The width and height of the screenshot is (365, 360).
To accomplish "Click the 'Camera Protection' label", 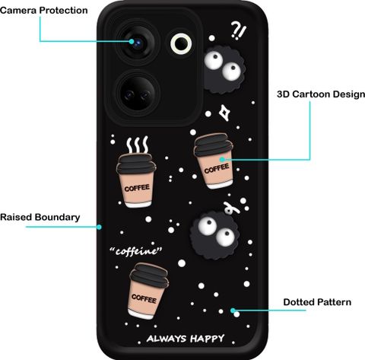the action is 44,11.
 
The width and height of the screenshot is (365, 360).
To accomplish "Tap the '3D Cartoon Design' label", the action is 321,94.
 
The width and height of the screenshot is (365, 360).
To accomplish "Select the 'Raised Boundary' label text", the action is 40,217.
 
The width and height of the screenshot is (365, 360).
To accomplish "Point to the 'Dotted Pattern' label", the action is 317,302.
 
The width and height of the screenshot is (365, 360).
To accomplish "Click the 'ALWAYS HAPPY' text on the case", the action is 186,339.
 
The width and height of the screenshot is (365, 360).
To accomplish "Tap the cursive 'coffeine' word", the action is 136,251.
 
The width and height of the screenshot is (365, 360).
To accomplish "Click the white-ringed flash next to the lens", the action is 181,43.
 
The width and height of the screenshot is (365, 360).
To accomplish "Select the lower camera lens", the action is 138,93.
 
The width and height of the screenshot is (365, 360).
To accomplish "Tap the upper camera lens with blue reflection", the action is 138,43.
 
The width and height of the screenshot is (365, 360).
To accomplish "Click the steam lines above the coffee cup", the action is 138,145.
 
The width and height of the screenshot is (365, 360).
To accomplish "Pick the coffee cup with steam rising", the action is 136,180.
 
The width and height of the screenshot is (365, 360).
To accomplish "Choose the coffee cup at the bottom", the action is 148,291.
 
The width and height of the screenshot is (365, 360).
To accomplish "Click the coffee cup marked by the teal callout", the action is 214,161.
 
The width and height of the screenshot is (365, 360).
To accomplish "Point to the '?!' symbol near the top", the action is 238,30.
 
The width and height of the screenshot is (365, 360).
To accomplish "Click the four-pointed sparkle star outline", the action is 224,113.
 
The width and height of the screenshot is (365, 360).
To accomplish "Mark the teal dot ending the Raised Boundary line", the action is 99,227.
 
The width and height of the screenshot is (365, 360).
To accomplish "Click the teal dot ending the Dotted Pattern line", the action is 233,310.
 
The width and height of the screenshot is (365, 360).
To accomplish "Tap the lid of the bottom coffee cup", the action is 149,275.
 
